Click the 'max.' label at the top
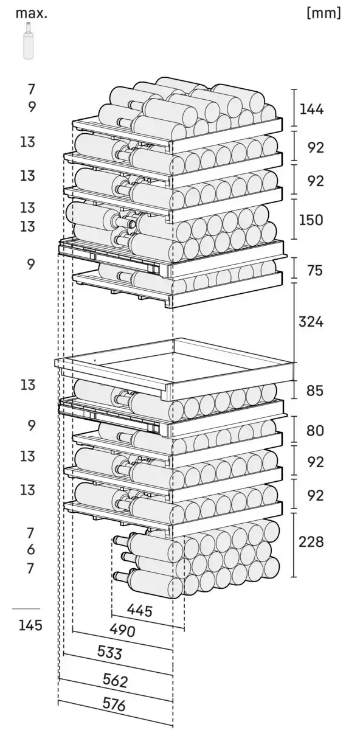coord(31,14)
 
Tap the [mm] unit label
coord(324,13)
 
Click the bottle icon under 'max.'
coord(29,41)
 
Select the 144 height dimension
coord(311,109)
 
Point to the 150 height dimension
coord(311,220)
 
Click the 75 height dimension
coord(314,271)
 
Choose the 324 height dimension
coord(311,322)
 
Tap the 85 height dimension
coord(314,391)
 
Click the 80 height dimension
coord(315,431)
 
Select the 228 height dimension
coord(311,542)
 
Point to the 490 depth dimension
coord(122,631)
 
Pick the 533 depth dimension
coord(110,660)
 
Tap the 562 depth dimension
coord(115,687)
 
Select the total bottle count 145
coord(30,625)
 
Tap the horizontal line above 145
coord(26,608)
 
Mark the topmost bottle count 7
coord(31,89)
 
